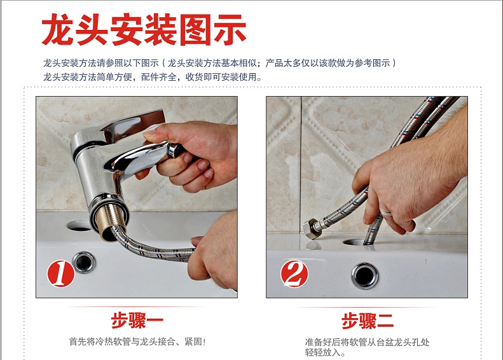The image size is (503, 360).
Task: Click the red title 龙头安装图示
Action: tap(144, 29)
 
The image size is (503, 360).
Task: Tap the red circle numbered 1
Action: tap(60, 273)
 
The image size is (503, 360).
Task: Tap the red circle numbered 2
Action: tap(294, 273)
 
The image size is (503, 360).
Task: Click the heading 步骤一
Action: tap(137, 320)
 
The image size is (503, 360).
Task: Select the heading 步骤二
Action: tap(368, 320)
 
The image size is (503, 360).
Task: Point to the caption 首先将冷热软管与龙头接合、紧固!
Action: tap(137, 342)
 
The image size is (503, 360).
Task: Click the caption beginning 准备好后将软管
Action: tap(367, 347)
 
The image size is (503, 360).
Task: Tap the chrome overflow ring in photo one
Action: tap(84, 262)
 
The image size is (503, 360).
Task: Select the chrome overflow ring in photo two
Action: tap(365, 275)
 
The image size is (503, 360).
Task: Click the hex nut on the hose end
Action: tap(312, 228)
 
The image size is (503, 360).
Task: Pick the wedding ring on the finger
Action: tap(386, 212)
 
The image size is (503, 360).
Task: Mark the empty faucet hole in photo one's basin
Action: tap(79, 226)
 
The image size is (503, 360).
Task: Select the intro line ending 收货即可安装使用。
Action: tap(153, 77)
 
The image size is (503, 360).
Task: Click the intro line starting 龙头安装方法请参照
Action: tap(220, 63)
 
